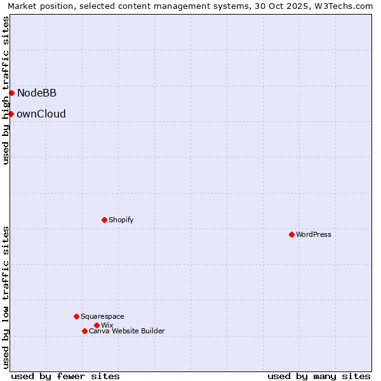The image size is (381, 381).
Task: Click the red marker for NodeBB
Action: pyautogui.click(x=11, y=93)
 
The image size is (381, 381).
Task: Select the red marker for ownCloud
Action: pyautogui.click(x=11, y=114)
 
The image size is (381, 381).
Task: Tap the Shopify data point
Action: pyautogui.click(x=104, y=220)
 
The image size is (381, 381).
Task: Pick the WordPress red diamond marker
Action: pyautogui.click(x=291, y=234)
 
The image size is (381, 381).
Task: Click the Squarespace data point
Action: pyautogui.click(x=76, y=316)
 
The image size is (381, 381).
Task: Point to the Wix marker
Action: pyautogui.click(x=97, y=325)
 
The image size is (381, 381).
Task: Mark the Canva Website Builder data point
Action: pyautogui.click(x=84, y=331)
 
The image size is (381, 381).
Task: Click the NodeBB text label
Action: pyautogui.click(x=37, y=93)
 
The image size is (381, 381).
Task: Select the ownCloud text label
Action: pyautogui.click(x=41, y=114)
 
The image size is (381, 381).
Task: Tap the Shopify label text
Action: pyautogui.click(x=121, y=220)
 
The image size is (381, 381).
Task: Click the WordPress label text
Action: pyautogui.click(x=314, y=234)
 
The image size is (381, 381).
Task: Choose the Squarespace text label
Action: pyautogui.click(x=102, y=316)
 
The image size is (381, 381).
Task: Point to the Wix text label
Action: pyautogui.click(x=107, y=325)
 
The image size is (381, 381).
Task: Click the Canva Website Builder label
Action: pyautogui.click(x=127, y=331)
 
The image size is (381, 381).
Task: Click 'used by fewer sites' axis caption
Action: pyautogui.click(x=65, y=376)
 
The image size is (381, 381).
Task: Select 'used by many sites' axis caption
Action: pyautogui.click(x=319, y=376)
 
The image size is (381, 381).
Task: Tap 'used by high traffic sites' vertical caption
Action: pyautogui.click(x=6, y=90)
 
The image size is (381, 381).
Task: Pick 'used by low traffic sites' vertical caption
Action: pyautogui.click(x=6, y=297)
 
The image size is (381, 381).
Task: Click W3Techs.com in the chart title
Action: pyautogui.click(x=343, y=6)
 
